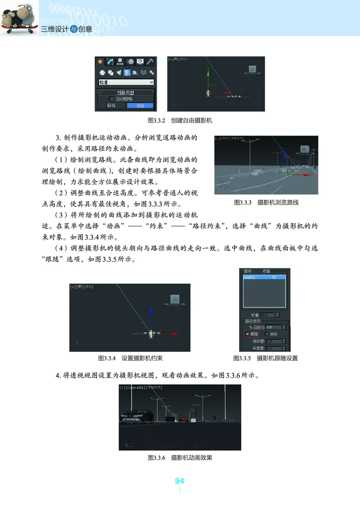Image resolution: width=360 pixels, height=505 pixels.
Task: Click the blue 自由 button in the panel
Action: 140,106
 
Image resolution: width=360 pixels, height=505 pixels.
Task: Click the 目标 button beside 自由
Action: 111,106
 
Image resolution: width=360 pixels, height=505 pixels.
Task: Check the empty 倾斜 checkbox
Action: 267,334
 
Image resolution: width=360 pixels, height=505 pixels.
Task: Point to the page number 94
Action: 180,481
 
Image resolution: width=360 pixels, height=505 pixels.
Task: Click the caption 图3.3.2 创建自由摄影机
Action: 180,121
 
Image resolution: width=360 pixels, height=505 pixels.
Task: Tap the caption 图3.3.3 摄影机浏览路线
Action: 266,203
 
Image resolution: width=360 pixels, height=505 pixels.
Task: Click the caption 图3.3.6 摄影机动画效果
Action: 180,458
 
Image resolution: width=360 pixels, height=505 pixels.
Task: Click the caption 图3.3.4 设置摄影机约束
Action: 130,358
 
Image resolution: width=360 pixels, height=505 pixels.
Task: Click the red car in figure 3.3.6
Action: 184,419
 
